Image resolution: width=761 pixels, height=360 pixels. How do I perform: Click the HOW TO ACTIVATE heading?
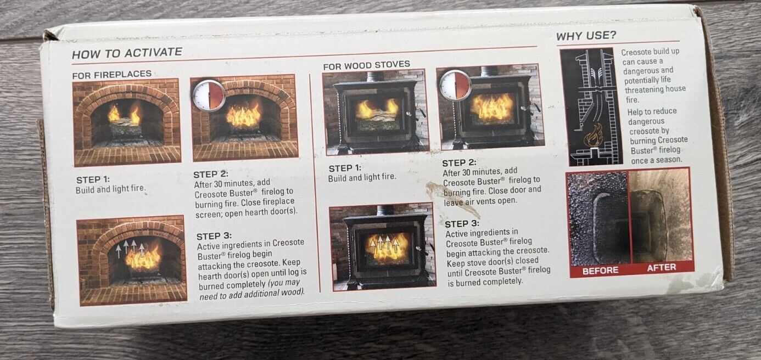coord(127,53)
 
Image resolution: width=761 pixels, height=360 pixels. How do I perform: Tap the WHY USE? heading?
coord(586,36)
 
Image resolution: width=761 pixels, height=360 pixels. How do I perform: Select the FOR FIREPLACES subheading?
coord(112,75)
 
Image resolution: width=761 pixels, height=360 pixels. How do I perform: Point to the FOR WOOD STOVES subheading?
coord(367,65)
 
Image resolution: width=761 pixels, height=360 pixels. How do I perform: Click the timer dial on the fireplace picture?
coord(209,95)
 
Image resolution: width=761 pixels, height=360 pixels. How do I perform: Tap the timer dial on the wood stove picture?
coord(455,85)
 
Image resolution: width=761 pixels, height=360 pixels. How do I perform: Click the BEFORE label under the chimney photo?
coord(600,271)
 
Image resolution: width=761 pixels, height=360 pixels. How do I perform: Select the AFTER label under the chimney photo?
coord(661,268)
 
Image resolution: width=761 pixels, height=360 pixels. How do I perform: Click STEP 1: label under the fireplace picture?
coord(93,179)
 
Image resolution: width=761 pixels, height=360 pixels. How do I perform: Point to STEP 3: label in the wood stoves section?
coord(462,224)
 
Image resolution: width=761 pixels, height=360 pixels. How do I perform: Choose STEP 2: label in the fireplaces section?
coord(211,174)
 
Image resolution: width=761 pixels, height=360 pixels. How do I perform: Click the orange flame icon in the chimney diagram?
coord(592,135)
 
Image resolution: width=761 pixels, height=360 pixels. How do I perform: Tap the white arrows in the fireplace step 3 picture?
coord(130,249)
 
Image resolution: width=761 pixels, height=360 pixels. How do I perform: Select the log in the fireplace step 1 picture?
coord(125,128)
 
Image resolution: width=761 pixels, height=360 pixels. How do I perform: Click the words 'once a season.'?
coord(656,160)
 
